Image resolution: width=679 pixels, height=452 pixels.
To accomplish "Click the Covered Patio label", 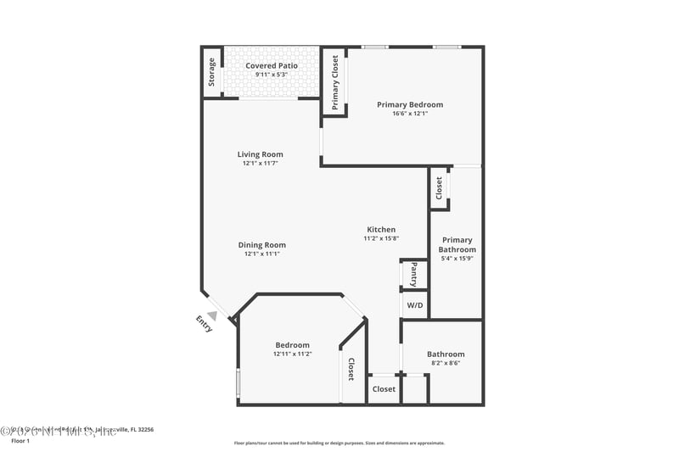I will coord(272,65).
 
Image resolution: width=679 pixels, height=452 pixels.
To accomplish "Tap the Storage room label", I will coord(211,72).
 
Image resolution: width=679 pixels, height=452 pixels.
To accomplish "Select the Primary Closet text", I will coord(335,82).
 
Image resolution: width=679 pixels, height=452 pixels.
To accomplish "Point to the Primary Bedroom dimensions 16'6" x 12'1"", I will coord(410,114).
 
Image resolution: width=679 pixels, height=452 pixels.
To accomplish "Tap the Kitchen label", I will coord(381,230).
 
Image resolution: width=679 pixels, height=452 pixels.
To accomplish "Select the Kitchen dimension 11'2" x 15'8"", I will coord(381,238).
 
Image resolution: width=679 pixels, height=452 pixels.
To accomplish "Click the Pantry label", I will coord(413,275).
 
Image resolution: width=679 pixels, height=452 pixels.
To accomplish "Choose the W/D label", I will coord(414,304).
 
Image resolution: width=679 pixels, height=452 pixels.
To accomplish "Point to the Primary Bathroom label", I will coord(457,245).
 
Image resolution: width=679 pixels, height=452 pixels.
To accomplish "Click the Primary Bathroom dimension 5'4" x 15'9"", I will coord(457,259).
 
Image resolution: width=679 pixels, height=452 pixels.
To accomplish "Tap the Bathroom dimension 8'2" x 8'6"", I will coord(446,363).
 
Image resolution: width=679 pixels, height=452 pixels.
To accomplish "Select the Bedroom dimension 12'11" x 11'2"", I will coord(292,354).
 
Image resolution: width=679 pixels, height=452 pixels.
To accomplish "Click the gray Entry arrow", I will coord(212,315).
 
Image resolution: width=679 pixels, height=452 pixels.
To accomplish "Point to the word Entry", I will coord(204,324).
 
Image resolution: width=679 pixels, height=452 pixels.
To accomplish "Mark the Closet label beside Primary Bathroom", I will coord(439,187).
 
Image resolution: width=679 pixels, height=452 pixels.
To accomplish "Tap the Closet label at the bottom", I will coord(384,389).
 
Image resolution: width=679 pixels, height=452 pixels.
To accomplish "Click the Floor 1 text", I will coord(20,441).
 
